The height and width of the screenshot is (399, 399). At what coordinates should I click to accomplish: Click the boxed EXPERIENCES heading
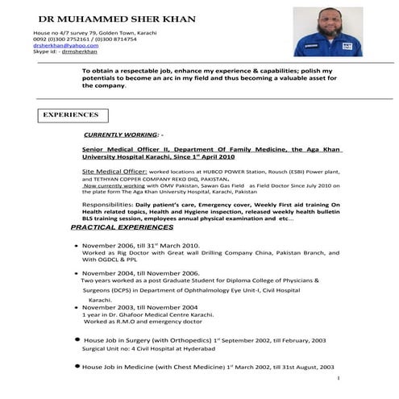click(72, 115)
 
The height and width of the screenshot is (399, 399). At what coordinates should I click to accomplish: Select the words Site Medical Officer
click(116, 172)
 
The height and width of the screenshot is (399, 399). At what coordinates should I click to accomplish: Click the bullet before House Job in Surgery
click(75, 340)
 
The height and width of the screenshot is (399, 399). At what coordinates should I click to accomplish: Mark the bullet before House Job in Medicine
click(75, 366)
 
